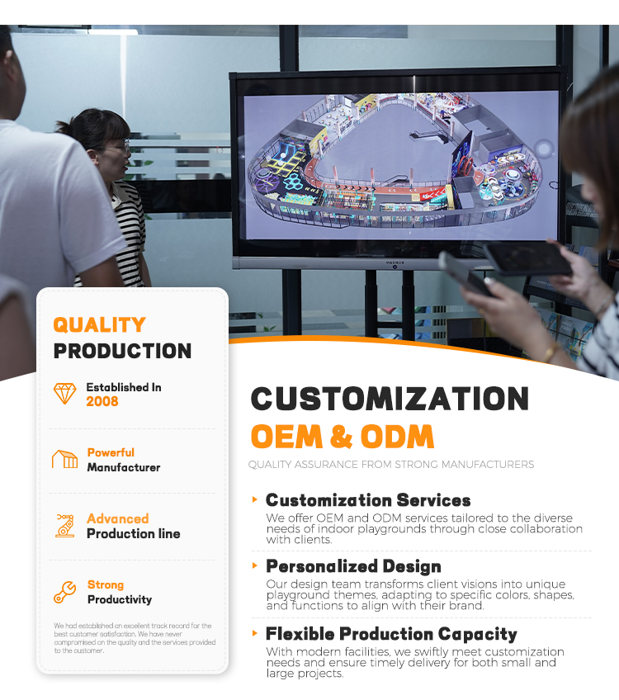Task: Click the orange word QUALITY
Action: point(99,324)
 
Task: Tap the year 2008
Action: point(102,401)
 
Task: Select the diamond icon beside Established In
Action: point(64,393)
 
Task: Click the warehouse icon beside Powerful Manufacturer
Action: point(64,460)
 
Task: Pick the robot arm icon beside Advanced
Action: point(64,526)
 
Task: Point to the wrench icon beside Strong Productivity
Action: point(64,592)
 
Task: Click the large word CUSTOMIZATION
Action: point(390,399)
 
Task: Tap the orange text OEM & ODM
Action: point(342,436)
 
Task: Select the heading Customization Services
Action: point(368,500)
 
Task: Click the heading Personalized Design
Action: point(353,566)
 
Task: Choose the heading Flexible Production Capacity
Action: point(391,634)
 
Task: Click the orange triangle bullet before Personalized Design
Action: point(255,565)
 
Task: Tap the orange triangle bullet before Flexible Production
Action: point(255,633)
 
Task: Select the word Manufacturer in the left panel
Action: point(124,467)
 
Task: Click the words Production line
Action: point(134,533)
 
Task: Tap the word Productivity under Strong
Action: point(120,599)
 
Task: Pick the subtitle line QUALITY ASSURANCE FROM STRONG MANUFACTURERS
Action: point(391,464)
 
